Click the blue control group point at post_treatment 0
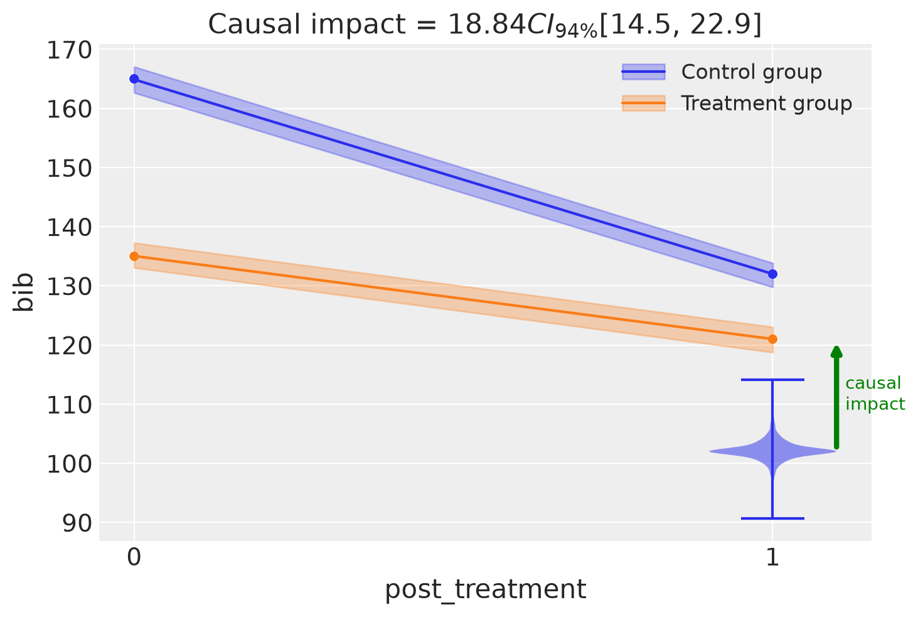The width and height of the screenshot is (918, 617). [134, 78]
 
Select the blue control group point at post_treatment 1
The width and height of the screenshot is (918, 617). [772, 274]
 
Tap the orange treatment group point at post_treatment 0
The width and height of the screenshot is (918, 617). [134, 256]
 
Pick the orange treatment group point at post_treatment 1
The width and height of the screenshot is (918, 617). [772, 339]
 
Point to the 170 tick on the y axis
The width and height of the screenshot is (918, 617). [69, 51]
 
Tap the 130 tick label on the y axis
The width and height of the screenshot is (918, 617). [69, 287]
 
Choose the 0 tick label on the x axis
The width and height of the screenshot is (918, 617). [134, 557]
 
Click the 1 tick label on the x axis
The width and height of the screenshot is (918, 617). [772, 557]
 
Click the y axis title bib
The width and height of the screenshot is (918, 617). [23, 292]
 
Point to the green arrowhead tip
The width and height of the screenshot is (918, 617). [836, 346]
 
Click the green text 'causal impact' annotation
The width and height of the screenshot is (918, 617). [875, 393]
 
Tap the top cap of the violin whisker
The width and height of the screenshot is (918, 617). [772, 380]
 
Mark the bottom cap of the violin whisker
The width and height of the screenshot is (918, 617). [772, 518]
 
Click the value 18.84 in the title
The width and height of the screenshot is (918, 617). [486, 24]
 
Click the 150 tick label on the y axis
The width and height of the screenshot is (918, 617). [69, 168]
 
